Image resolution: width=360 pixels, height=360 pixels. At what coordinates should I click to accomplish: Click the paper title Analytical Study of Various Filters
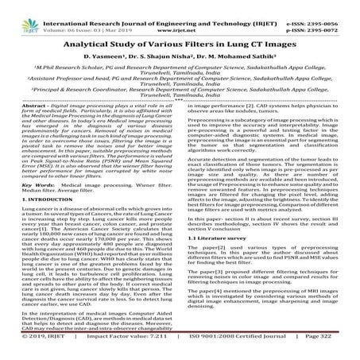coord(180,35)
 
